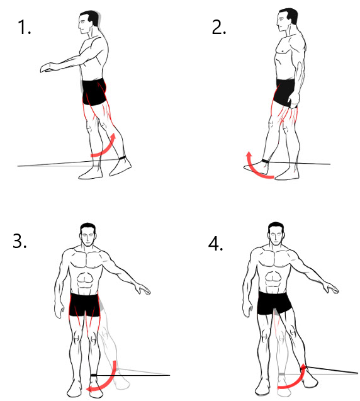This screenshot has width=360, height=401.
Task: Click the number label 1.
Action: pyautogui.click(x=25, y=27)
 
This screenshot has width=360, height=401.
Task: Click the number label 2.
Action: pyautogui.click(x=219, y=27)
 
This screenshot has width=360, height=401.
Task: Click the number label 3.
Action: pyautogui.click(x=20, y=241)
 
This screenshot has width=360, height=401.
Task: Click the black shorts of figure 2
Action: pyautogui.click(x=284, y=92)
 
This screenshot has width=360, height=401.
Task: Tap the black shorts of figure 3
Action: pyautogui.click(x=85, y=304)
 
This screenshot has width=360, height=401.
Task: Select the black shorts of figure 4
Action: pyautogui.click(x=275, y=304)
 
